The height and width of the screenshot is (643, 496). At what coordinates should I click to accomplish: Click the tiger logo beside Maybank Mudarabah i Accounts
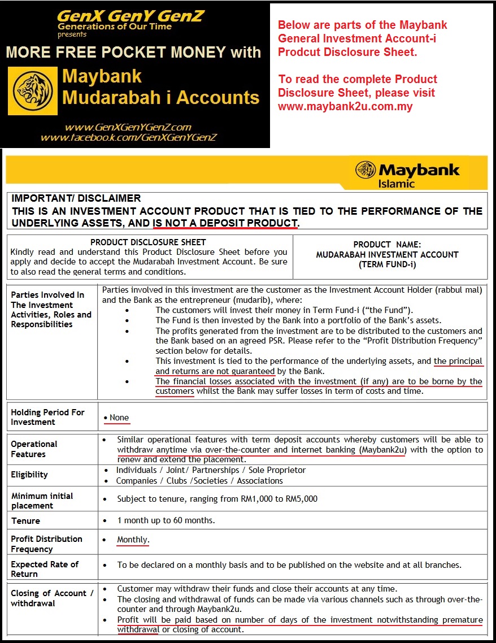[x=32, y=91]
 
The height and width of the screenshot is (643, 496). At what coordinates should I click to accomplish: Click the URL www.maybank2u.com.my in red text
[x=345, y=106]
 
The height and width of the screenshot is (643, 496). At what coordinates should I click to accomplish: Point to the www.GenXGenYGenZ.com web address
[x=128, y=127]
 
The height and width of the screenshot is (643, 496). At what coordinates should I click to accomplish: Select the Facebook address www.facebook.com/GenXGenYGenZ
[x=129, y=137]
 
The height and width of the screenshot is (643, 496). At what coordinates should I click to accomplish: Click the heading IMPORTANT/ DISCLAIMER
[x=76, y=198]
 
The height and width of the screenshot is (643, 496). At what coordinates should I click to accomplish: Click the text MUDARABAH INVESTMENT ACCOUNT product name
[x=387, y=254]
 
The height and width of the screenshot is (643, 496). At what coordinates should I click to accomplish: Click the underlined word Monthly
[x=133, y=540]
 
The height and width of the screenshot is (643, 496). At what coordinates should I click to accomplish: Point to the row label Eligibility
[x=29, y=475]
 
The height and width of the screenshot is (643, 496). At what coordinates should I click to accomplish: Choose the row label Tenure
[x=25, y=520]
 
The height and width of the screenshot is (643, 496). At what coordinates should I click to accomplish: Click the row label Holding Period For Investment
[x=47, y=417]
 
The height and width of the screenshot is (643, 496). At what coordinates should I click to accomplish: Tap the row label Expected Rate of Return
[x=45, y=569]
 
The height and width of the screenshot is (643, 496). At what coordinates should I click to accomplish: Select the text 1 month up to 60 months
[x=166, y=520]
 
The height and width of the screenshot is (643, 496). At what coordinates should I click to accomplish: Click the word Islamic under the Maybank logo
[x=397, y=184]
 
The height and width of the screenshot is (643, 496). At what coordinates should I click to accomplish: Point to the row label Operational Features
[x=34, y=449]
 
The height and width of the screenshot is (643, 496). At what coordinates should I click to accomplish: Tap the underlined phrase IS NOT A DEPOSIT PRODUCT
[x=225, y=223]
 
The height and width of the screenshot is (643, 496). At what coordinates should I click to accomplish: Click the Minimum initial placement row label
[x=42, y=501]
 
